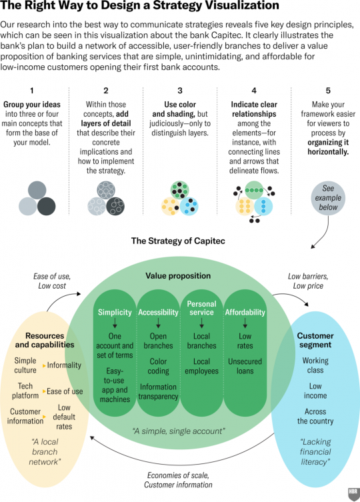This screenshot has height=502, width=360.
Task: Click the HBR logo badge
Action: (x=353, y=494)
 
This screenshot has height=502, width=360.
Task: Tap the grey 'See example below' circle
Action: (x=328, y=198)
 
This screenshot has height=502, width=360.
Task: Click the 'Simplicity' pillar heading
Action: (x=115, y=313)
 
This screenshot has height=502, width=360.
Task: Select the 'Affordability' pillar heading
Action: (x=245, y=313)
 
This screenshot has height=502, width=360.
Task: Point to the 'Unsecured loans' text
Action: (x=245, y=366)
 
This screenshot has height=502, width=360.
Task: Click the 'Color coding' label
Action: (x=158, y=366)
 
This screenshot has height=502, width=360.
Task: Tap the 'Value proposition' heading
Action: (x=178, y=276)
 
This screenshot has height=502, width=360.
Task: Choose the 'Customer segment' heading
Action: (x=315, y=340)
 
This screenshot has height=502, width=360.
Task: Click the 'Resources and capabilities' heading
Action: (x=45, y=340)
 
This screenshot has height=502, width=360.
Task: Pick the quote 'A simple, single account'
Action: (x=179, y=431)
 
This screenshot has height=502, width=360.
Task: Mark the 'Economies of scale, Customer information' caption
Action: (x=178, y=480)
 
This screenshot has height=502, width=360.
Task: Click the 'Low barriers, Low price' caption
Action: (x=308, y=281)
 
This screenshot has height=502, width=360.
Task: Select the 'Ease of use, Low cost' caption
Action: (x=52, y=281)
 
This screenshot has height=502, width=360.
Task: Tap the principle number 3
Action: (x=180, y=91)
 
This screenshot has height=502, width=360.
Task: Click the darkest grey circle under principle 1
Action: (x=47, y=206)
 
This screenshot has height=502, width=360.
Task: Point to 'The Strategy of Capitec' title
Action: (x=178, y=241)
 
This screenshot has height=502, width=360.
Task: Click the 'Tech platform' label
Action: (x=25, y=391)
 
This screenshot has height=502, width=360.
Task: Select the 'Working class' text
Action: (x=315, y=365)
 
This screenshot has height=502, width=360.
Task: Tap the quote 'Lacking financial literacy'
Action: (x=315, y=452)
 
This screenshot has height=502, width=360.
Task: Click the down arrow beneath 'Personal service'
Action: (x=201, y=323)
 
